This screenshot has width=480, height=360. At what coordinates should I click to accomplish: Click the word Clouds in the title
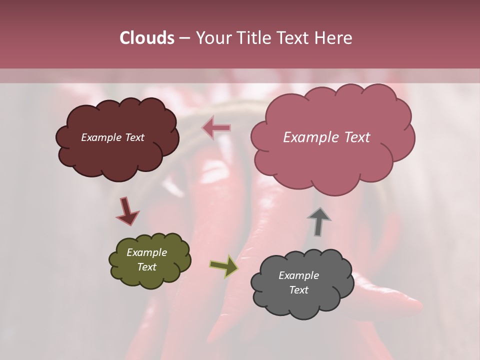tap(146, 38)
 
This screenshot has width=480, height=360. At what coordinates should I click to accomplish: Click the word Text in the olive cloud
tap(146, 267)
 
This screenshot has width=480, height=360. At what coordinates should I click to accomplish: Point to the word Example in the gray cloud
tap(298, 275)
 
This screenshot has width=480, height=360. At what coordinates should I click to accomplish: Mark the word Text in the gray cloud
tap(298, 290)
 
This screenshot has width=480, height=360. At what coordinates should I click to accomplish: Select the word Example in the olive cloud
tap(146, 252)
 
